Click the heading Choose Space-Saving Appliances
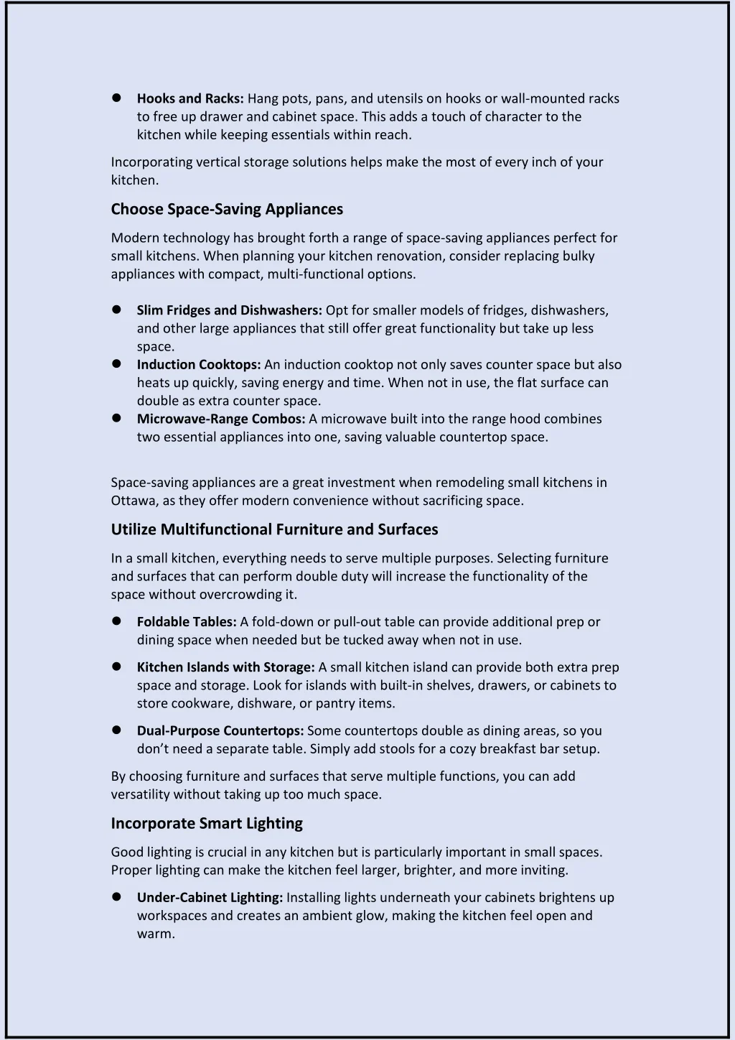(227, 209)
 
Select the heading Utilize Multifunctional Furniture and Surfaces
(274, 529)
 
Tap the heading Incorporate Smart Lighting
(207, 823)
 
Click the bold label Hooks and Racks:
(190, 98)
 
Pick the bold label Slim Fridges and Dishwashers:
(229, 310)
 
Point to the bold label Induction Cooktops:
(198, 364)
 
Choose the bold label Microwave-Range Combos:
(221, 419)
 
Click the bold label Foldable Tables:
(187, 622)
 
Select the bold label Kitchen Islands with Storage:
(225, 667)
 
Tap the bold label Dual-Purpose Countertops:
(220, 730)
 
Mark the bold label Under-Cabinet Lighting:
(210, 897)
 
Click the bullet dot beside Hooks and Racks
(116, 98)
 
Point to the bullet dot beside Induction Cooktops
(116, 363)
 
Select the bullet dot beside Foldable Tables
(116, 621)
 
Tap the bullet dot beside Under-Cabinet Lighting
(116, 896)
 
